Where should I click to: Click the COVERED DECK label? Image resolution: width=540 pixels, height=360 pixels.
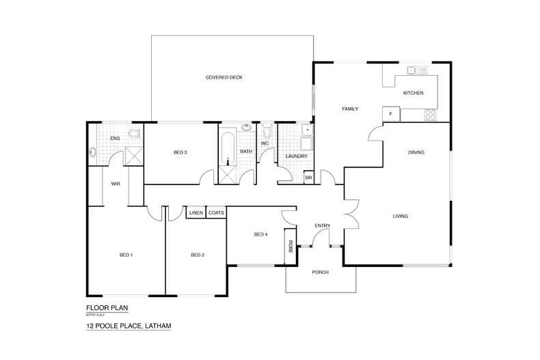click(x=224, y=77)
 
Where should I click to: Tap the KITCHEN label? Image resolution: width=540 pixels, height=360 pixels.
click(x=413, y=93)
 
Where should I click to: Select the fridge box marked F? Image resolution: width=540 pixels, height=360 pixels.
click(x=391, y=114)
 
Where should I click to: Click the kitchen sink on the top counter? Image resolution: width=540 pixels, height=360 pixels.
click(x=416, y=70)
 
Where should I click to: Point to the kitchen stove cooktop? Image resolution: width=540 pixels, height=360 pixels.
click(x=431, y=115)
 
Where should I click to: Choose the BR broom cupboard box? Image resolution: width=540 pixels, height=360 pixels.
click(x=308, y=177)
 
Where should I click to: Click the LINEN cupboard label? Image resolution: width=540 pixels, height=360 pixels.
click(x=195, y=212)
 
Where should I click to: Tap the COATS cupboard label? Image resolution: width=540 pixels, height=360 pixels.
click(x=216, y=212)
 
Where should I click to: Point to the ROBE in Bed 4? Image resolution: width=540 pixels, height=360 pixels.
click(x=291, y=247)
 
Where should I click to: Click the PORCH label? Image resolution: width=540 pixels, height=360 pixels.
click(x=320, y=273)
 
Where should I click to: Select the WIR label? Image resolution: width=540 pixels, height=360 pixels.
click(x=116, y=183)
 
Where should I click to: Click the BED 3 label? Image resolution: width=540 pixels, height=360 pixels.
click(x=180, y=152)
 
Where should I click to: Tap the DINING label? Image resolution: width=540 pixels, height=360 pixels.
click(x=416, y=152)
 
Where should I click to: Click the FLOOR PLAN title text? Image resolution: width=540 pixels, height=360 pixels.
click(x=107, y=307)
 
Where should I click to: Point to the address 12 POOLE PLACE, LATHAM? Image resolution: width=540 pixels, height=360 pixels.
click(x=128, y=327)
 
